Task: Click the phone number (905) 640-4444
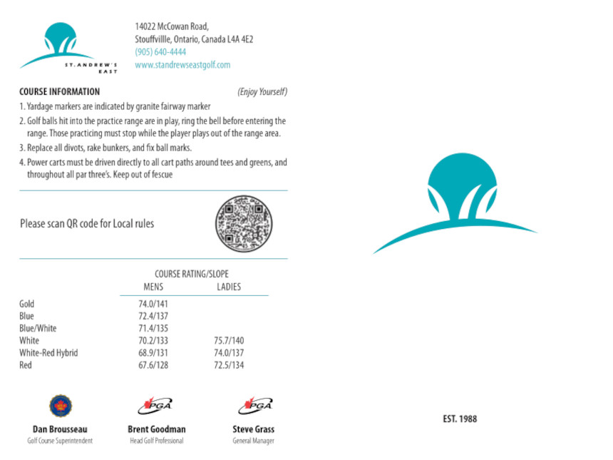[160, 52]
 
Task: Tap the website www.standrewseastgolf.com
[182, 65]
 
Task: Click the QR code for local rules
[244, 224]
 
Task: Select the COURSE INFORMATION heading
[59, 92]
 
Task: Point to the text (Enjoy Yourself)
[262, 92]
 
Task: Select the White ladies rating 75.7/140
[229, 341]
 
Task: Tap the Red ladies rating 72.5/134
[229, 365]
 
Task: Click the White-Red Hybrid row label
[48, 353]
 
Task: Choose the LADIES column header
[229, 287]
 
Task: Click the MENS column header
[153, 287]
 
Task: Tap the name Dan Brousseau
[60, 429]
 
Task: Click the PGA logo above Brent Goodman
[155, 406]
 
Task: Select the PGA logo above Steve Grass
[255, 406]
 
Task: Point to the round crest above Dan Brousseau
[60, 406]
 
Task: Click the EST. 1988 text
[459, 419]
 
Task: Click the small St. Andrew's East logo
[68, 48]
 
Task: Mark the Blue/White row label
[38, 329]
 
